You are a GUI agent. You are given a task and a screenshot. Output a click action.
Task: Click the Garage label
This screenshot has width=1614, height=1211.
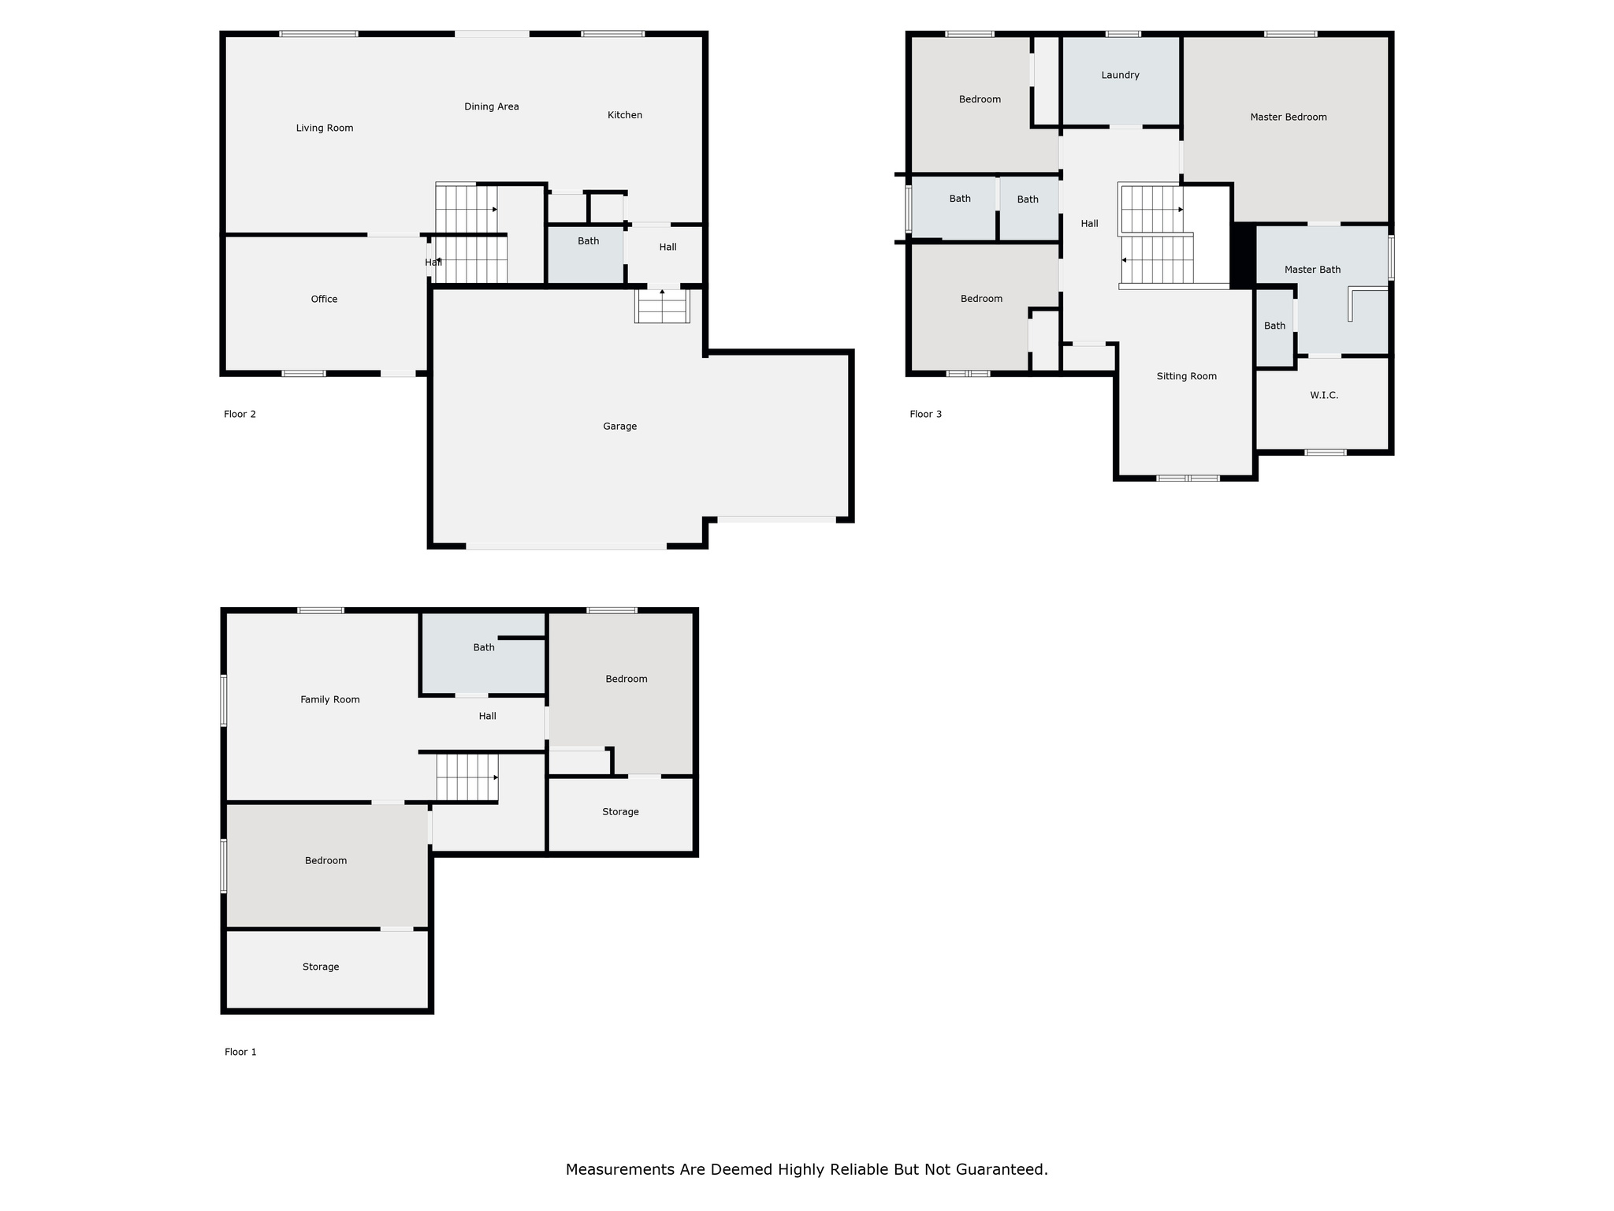pos(619,427)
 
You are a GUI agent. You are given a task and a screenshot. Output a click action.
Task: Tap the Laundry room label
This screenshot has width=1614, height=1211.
pos(1120,75)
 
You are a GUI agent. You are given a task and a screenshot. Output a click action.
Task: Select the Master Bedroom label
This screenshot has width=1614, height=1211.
pos(1288,117)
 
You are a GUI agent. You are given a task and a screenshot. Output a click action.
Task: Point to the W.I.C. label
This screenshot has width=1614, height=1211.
pos(1324,395)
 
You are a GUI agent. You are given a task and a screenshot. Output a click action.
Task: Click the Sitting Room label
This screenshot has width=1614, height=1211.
pos(1186,376)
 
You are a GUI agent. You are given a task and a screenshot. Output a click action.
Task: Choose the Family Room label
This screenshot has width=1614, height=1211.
pos(329,699)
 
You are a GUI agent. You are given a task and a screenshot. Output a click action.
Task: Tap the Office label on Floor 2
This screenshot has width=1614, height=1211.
pos(324,299)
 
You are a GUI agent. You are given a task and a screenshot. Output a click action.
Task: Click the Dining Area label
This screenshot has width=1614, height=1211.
pos(491,106)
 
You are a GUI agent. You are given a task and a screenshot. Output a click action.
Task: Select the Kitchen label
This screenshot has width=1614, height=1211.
pos(624,115)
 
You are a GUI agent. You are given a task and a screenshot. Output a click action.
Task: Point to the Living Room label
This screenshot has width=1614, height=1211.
pos(324,128)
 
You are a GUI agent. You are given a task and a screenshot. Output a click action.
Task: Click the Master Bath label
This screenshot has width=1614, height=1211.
pos(1312,270)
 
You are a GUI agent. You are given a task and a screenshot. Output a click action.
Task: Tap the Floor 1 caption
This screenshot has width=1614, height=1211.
pos(240,1052)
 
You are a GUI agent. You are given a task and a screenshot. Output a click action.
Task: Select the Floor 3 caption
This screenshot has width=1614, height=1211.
pos(925,414)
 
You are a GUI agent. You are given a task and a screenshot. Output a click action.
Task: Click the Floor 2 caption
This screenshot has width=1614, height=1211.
pos(240,414)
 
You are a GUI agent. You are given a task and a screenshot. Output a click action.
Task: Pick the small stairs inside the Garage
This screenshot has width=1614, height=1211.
pos(662,307)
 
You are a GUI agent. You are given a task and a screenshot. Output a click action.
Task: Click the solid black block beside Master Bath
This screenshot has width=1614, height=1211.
pos(1243,255)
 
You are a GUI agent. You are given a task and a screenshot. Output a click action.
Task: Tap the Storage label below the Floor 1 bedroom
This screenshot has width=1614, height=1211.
pos(321,967)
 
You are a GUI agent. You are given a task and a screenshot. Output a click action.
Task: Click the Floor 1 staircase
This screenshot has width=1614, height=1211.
pos(467,777)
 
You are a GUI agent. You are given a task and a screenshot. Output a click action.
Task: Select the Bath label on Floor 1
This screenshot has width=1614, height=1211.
pos(484,647)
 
